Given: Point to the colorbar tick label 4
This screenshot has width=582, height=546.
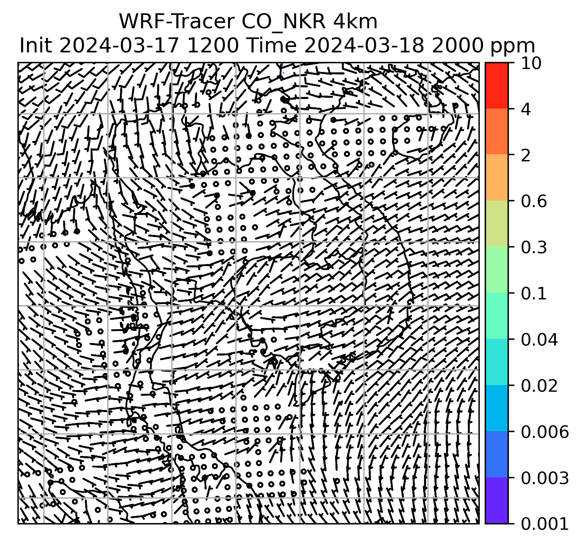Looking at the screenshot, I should [526, 109].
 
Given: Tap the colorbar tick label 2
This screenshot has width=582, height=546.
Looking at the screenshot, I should [526, 156].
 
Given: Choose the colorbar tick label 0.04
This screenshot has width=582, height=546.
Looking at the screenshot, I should [539, 340].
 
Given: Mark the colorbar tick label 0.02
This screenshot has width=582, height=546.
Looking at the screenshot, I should [539, 386].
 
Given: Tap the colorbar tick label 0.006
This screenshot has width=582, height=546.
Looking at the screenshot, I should [544, 432].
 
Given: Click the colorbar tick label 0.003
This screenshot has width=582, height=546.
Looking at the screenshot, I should [544, 479].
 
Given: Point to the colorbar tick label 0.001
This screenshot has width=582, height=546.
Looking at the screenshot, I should [544, 524].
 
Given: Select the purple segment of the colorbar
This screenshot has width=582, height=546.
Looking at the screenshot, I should [496, 500].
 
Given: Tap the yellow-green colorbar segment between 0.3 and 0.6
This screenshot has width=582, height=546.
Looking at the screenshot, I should [496, 224].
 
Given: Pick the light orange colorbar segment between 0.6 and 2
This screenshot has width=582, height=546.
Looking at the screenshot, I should [496, 178].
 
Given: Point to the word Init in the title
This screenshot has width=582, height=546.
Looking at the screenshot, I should [36, 45].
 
